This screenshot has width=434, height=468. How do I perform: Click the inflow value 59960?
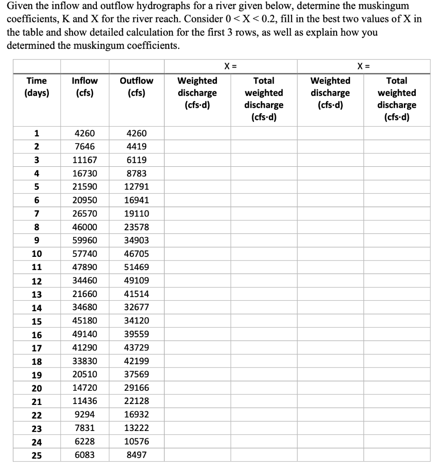coord(85,240)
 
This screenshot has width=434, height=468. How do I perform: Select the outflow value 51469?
coord(136,267)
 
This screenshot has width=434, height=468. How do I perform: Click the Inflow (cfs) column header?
coord(85,86)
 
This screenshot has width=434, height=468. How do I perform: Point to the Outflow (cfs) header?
coord(136,86)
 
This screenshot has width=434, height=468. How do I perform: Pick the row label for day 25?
coord(37,455)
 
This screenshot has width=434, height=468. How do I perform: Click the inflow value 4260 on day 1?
coord(85,133)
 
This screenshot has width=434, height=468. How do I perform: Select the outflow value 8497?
coord(136,455)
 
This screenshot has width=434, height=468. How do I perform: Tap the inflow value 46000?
coord(85,227)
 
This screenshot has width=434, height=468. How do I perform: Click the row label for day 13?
coord(37,294)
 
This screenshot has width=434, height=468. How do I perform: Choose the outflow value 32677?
coord(136,307)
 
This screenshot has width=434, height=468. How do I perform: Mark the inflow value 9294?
coord(85,415)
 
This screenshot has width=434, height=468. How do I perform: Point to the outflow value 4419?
coord(136,147)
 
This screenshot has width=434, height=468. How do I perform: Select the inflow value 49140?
coord(85,334)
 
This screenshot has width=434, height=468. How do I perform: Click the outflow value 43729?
coord(136,347)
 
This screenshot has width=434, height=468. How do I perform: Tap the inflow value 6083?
coord(85,455)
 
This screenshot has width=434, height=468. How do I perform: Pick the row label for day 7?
coord(37,213)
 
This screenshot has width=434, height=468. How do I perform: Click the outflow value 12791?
coord(136,187)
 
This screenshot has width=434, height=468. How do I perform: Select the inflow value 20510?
coord(85,374)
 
